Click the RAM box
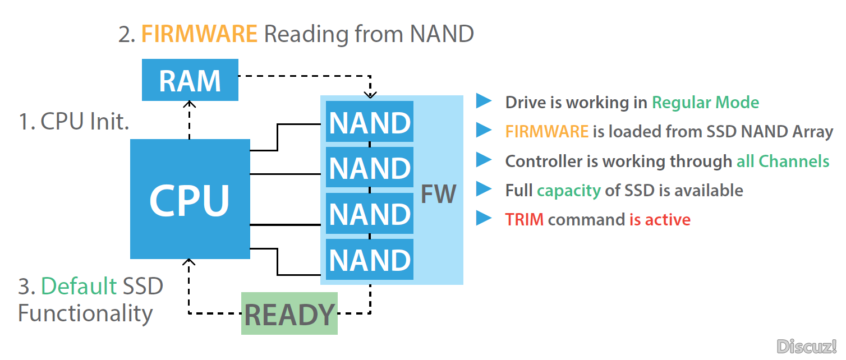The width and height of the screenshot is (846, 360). (x=190, y=80)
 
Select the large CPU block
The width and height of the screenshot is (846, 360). (x=190, y=199)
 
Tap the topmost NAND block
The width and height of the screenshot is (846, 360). (x=369, y=122)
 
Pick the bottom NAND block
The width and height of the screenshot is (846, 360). (x=369, y=259)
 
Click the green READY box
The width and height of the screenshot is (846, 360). (x=289, y=313)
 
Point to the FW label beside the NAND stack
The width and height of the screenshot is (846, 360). (x=438, y=194)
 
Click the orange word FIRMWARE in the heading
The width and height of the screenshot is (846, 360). (x=199, y=34)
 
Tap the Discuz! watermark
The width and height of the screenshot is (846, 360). (x=806, y=347)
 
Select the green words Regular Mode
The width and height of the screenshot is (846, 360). (x=706, y=103)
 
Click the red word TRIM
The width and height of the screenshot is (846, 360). (x=524, y=220)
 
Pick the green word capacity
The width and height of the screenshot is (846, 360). (x=569, y=191)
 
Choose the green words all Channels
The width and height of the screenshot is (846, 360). (x=783, y=161)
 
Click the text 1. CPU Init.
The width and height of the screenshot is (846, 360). (x=74, y=122)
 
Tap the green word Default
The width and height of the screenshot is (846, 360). (x=79, y=285)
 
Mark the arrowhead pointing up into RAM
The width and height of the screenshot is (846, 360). (x=189, y=104)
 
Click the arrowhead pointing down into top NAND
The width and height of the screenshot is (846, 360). (x=370, y=94)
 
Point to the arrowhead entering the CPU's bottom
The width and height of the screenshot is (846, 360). (x=189, y=262)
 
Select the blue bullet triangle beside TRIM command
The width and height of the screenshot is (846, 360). (x=484, y=218)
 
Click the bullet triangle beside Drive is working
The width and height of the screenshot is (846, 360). (x=484, y=101)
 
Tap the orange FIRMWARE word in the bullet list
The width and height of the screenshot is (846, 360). (x=547, y=132)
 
